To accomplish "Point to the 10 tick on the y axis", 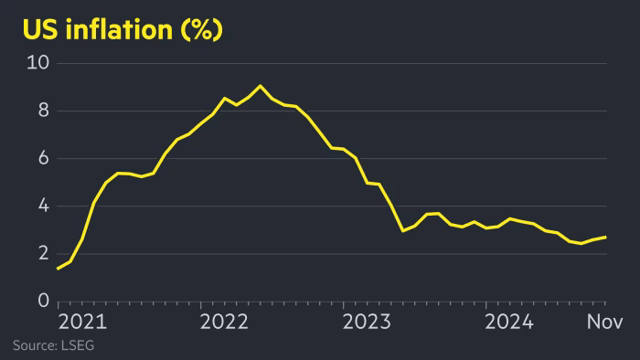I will pyautogui.click(x=37, y=63).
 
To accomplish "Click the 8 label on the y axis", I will pyautogui.click(x=43, y=111).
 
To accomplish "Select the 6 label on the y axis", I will pyautogui.click(x=43, y=158).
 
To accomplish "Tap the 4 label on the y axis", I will pyautogui.click(x=43, y=206).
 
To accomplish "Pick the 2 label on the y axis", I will pyautogui.click(x=43, y=254).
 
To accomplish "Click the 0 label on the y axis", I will pyautogui.click(x=43, y=302).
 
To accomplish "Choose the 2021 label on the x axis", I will pyautogui.click(x=82, y=322).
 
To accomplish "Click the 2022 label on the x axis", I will pyautogui.click(x=224, y=322).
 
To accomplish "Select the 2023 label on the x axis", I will pyautogui.click(x=368, y=322).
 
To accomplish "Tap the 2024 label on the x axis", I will pyautogui.click(x=510, y=322).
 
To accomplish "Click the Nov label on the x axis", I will pyautogui.click(x=604, y=322).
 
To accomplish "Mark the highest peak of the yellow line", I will pyautogui.click(x=261, y=86).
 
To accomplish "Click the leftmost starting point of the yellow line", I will pyautogui.click(x=58, y=269).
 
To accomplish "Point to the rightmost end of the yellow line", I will pyautogui.click(x=605, y=237).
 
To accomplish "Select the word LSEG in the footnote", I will pyautogui.click(x=79, y=345).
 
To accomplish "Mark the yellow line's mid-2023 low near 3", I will pyautogui.click(x=403, y=230).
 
